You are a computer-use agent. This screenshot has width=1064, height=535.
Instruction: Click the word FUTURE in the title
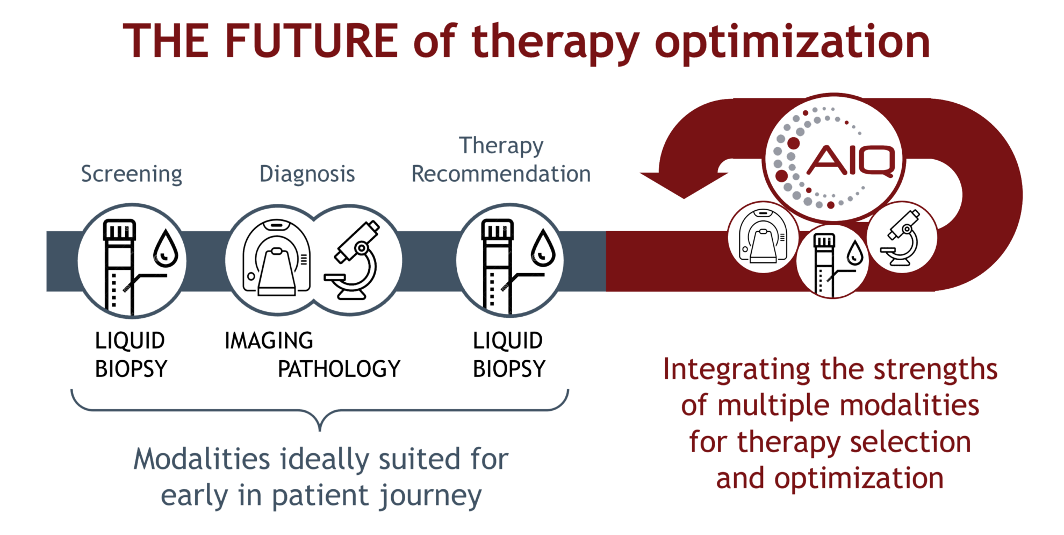tap(311, 42)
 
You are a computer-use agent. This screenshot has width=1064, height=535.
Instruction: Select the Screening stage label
tap(132, 174)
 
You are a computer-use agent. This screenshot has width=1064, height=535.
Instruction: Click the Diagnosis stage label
tap(307, 174)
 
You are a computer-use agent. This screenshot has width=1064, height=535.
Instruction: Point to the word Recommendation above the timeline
tap(501, 174)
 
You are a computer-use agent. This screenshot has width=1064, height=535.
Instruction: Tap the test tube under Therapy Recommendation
tap(495, 266)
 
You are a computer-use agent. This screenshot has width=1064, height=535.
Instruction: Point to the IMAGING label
tap(269, 341)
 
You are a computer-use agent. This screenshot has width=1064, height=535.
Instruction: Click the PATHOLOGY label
tap(340, 369)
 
